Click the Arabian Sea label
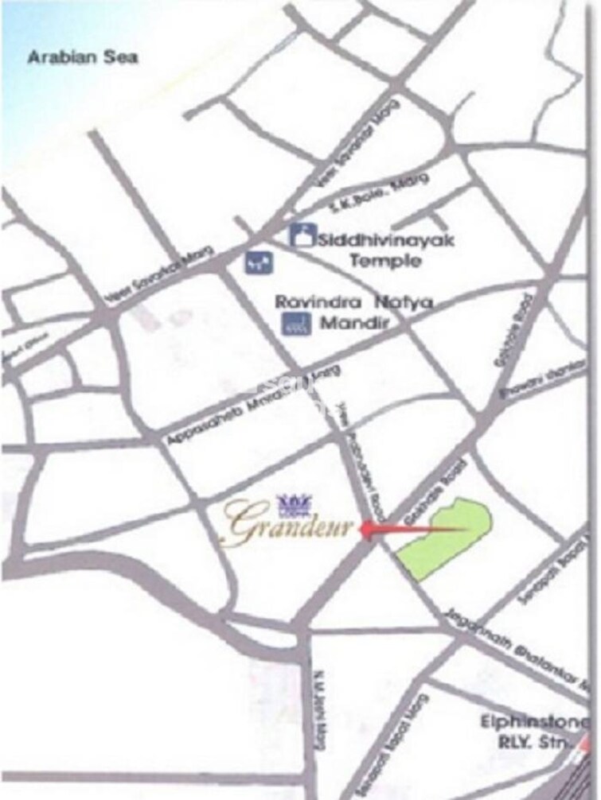click(x=83, y=57)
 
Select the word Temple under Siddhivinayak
click(x=385, y=260)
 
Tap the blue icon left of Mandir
click(x=297, y=324)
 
